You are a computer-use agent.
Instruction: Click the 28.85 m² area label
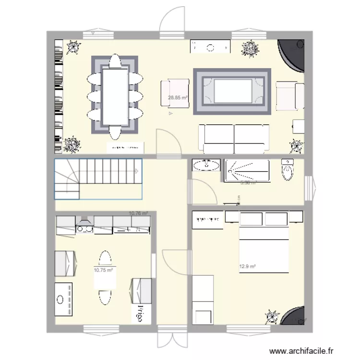coord(178,97)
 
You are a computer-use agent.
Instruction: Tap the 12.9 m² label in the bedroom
coord(247,266)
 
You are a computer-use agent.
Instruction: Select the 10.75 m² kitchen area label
coord(103,270)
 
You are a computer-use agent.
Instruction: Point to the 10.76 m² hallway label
coord(138,214)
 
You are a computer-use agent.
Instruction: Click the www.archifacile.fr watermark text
coord(303,351)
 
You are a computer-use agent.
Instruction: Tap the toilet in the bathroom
coord(288,170)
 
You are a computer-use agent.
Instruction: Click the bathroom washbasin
coord(206,166)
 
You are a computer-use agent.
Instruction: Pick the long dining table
coord(115,94)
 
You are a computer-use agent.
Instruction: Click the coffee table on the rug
coord(233,91)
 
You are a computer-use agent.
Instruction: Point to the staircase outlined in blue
coord(98,178)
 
